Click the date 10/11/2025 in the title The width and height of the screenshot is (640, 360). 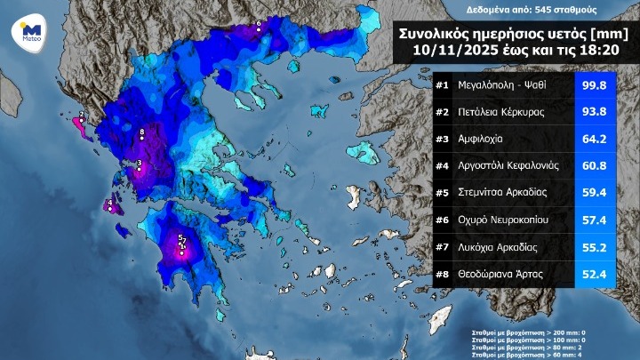tap(452, 51)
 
